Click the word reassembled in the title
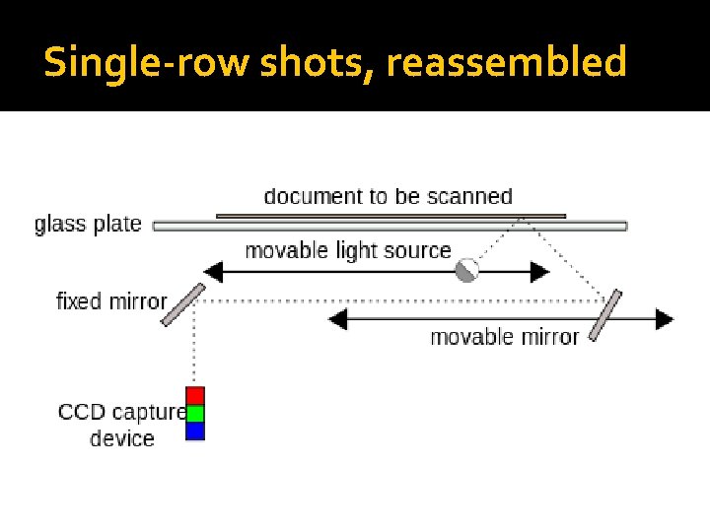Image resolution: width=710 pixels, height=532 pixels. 506,63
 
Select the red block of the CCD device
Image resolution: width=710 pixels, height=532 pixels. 195,395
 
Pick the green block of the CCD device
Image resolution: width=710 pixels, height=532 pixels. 195,413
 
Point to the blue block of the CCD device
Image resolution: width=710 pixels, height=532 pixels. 195,431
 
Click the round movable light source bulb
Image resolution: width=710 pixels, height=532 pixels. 466,270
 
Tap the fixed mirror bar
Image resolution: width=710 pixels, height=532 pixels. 183,304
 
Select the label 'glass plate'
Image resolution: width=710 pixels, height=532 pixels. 88,224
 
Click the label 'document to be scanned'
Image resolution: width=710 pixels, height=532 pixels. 389,196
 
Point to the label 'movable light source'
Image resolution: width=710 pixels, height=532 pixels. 347,250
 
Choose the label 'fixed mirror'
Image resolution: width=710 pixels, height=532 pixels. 110,300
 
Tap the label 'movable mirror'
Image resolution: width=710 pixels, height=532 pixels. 504,337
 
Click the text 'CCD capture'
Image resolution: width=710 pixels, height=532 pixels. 121,412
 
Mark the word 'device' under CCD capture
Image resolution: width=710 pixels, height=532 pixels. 122,438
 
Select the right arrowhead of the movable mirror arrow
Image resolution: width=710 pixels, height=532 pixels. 664,319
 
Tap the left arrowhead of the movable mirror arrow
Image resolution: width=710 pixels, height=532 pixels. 338,319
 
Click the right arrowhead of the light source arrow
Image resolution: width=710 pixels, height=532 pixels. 539,271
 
